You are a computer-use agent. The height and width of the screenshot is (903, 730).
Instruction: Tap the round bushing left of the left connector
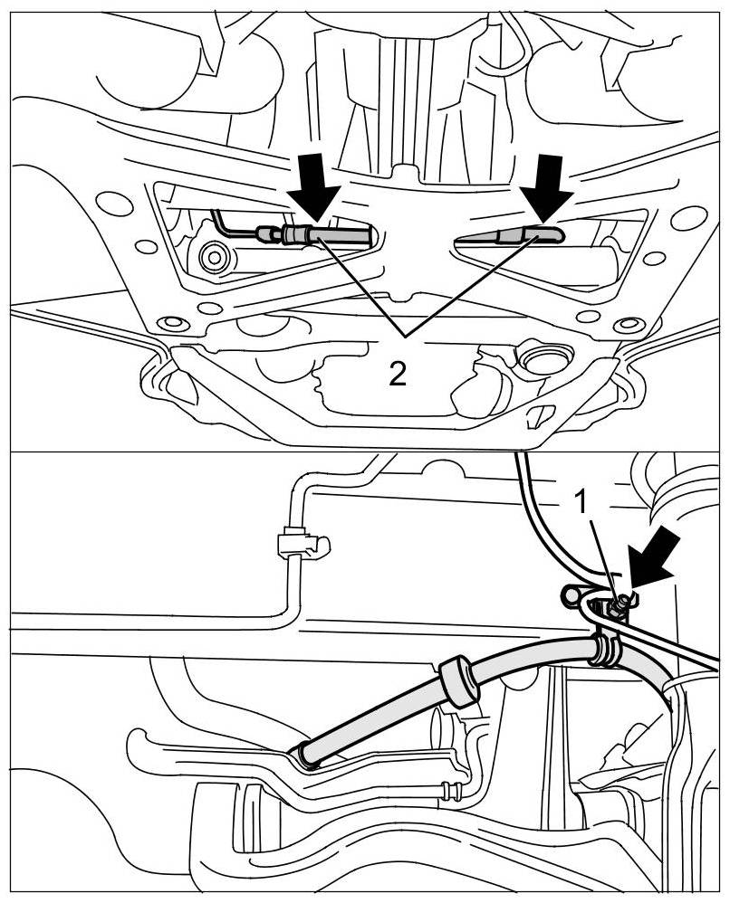(x=214, y=258)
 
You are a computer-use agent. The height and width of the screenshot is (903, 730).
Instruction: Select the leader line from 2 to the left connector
(x=358, y=286)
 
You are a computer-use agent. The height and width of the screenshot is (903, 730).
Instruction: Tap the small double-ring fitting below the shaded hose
(x=453, y=789)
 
